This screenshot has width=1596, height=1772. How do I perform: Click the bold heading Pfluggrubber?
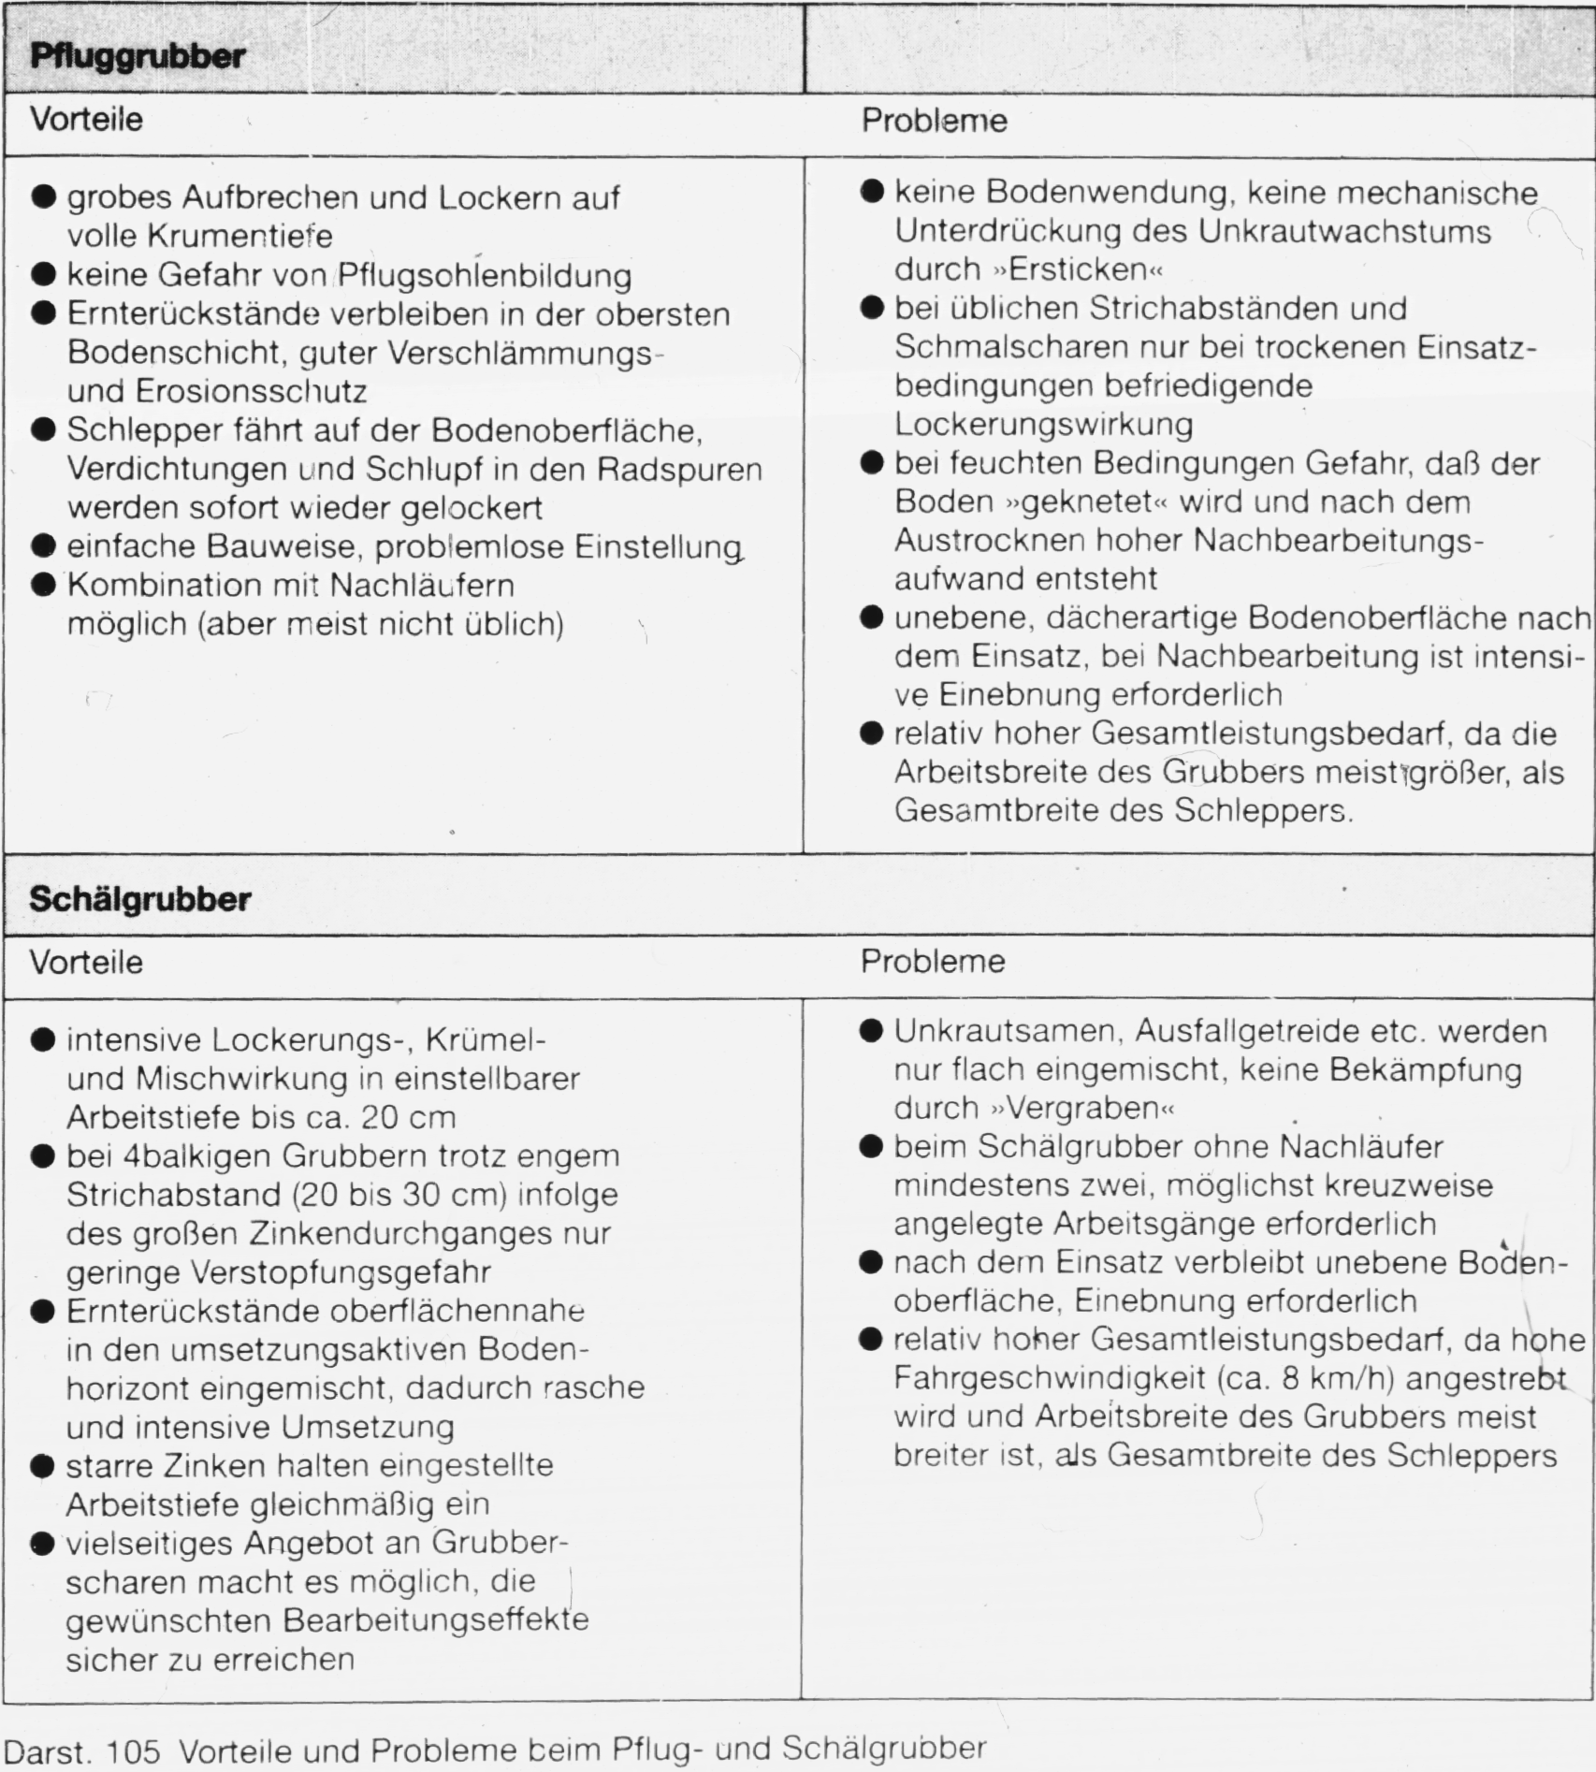(x=137, y=57)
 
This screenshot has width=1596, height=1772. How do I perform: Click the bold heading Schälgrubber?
(x=140, y=900)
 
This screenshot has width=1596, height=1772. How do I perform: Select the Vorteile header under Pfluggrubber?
(x=86, y=120)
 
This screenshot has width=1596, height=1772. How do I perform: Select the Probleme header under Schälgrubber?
(x=933, y=962)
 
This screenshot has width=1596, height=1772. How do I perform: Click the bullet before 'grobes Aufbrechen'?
(x=43, y=197)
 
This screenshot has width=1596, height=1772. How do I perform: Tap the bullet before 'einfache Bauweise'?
(x=43, y=545)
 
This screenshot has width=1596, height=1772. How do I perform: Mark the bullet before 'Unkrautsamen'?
(x=871, y=1031)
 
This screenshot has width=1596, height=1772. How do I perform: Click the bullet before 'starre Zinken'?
(x=43, y=1465)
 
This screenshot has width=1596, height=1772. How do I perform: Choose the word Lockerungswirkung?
(x=1043, y=425)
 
